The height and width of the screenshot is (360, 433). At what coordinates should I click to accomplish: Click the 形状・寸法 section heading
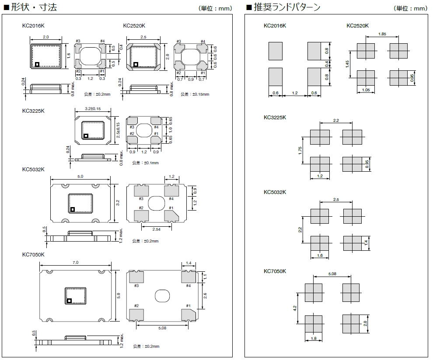click(34, 7)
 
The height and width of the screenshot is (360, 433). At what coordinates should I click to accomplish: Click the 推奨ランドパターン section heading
click(286, 7)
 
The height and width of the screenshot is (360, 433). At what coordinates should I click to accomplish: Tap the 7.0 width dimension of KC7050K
click(75, 263)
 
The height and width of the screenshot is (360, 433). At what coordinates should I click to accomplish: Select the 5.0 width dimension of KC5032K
click(80, 177)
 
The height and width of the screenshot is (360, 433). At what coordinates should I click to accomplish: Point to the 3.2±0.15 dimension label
click(93, 109)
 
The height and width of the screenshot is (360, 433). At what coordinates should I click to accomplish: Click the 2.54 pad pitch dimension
click(156, 229)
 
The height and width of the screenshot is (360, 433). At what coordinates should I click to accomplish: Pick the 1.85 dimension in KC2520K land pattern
click(382, 34)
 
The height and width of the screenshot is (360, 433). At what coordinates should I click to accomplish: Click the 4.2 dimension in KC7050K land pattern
click(295, 308)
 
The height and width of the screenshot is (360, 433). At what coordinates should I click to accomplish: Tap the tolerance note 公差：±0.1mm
click(145, 163)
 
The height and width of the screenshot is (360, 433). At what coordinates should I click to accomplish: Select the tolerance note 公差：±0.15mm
click(195, 94)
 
